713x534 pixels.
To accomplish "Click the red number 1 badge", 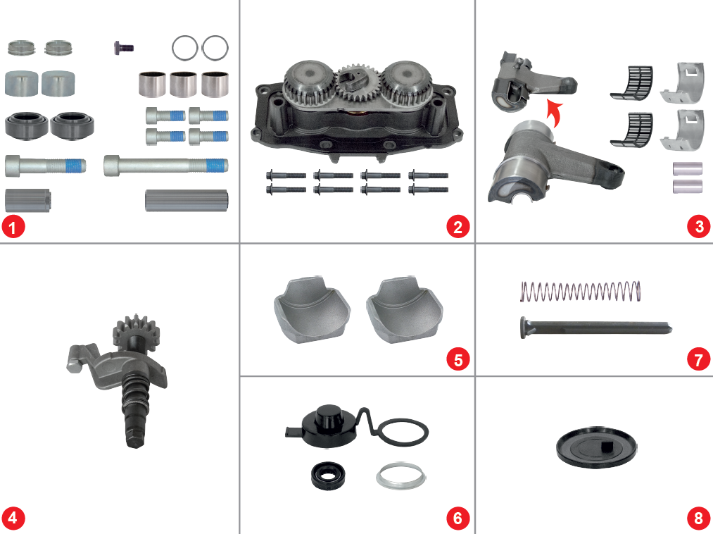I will [x=13, y=227].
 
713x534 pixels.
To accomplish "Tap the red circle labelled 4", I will [x=13, y=519].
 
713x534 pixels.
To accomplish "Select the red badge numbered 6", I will [x=458, y=519].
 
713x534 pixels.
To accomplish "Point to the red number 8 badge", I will [x=698, y=519].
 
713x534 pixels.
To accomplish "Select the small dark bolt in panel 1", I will [x=122, y=47].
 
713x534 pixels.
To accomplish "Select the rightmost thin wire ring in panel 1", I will [x=215, y=48].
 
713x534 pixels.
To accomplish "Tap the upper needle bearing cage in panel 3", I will [x=632, y=79].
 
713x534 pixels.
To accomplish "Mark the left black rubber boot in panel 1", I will [x=26, y=125].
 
